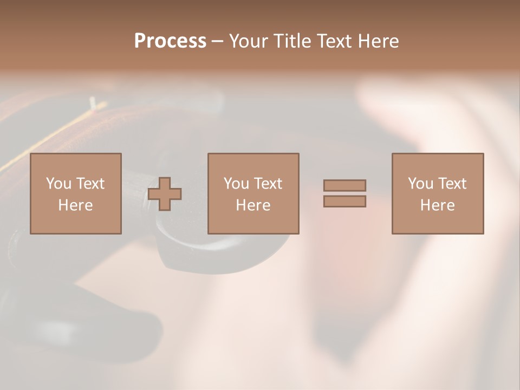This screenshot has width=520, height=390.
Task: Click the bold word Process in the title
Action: pyautogui.click(x=170, y=41)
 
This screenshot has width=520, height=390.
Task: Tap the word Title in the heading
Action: pyautogui.click(x=292, y=41)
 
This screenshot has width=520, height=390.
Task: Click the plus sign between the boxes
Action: pyautogui.click(x=165, y=194)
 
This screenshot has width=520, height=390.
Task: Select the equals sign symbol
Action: pyautogui.click(x=344, y=193)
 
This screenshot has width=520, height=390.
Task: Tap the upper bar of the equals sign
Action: pyautogui.click(x=344, y=185)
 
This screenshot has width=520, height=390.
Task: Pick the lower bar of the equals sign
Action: pyautogui.click(x=344, y=201)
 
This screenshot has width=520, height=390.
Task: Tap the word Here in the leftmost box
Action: pyautogui.click(x=76, y=205)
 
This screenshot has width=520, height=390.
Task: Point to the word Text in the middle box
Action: pyautogui.click(x=268, y=184)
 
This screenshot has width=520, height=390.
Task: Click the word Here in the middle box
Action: pyautogui.click(x=253, y=205)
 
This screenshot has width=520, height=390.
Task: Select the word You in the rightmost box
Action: pyautogui.click(x=420, y=184)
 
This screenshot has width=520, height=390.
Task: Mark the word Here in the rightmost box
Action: pyautogui.click(x=438, y=205)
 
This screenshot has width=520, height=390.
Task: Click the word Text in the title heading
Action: pyautogui.click(x=333, y=41)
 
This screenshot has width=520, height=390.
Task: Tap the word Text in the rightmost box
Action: pyautogui.click(x=452, y=184)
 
